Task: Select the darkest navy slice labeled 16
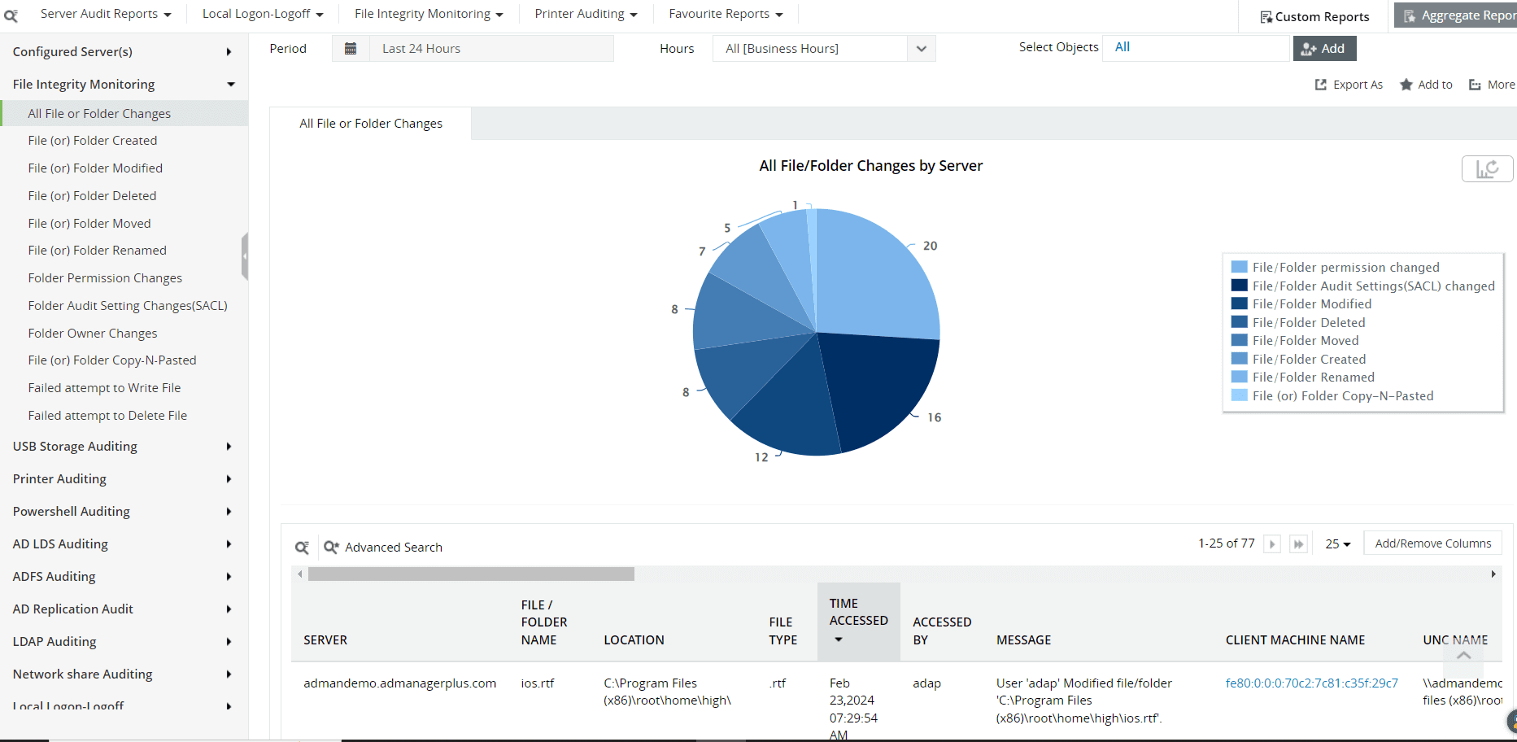tap(883, 382)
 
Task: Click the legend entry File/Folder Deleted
tap(1308, 323)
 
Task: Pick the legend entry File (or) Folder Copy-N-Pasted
tap(1342, 396)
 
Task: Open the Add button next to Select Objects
tap(1324, 49)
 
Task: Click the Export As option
tap(1349, 85)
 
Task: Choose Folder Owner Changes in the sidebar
tap(93, 334)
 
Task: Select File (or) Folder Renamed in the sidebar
tap(97, 251)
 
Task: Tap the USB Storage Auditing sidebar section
tap(75, 447)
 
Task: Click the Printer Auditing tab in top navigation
tap(586, 14)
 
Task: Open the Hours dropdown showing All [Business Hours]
tap(823, 49)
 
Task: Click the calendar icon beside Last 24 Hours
tap(351, 49)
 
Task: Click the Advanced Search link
tap(393, 548)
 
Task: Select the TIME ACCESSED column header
tap(858, 612)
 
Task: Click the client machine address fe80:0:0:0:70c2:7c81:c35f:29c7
tap(1311, 683)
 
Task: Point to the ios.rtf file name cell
tap(538, 683)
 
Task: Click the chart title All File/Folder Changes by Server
tap(870, 166)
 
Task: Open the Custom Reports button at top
tap(1314, 16)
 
